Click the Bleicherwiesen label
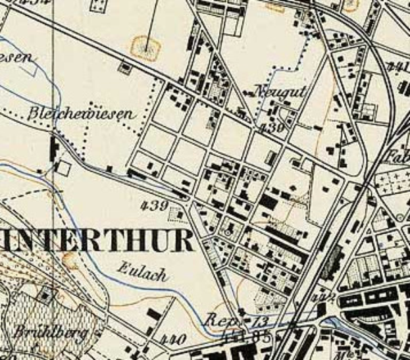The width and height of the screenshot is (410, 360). point(82,113)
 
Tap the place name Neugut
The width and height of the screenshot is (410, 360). point(280,92)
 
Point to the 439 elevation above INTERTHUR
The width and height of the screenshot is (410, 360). point(155,205)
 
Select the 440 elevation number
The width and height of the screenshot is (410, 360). point(174,340)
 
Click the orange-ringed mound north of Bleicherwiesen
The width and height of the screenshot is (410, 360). point(147,47)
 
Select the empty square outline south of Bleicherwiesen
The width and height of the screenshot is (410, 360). point(63,168)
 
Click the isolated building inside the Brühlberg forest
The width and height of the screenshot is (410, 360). point(45,296)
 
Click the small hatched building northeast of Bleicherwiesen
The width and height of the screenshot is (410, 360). point(124,66)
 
